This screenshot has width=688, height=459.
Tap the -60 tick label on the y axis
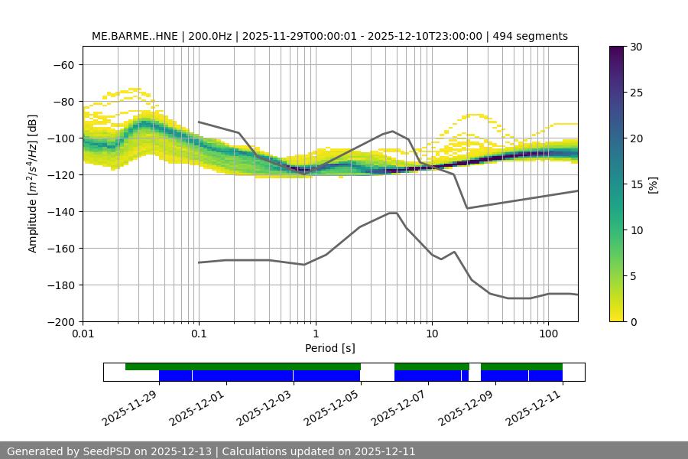(x=63, y=64)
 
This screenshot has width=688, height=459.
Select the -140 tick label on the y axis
(x=60, y=211)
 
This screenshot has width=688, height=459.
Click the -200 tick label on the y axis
(x=60, y=321)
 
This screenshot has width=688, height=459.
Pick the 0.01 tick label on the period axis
(x=83, y=334)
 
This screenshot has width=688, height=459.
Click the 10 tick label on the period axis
(x=431, y=334)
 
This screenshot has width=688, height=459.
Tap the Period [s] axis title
(x=329, y=348)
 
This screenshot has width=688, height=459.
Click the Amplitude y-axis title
(x=33, y=184)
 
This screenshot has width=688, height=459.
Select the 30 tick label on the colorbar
(x=636, y=47)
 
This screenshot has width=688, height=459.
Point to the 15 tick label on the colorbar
(x=636, y=184)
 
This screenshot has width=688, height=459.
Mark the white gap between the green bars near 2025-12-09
(x=475, y=367)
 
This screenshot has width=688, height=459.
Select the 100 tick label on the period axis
(x=547, y=334)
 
